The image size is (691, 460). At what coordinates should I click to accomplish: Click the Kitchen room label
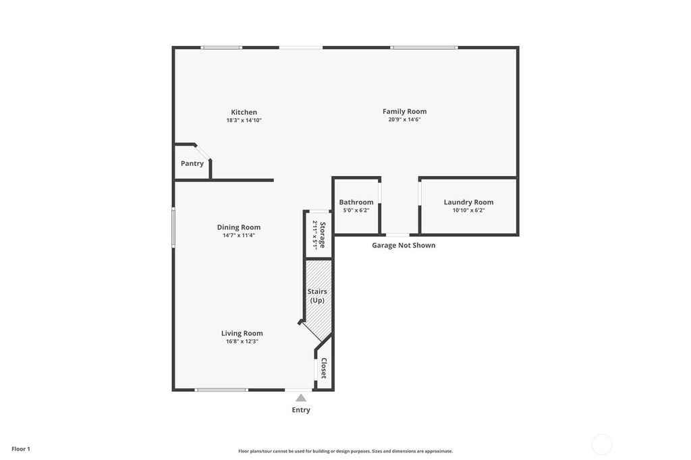coord(244,112)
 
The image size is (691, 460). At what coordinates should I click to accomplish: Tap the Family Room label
coord(404,111)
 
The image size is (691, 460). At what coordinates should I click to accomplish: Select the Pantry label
coord(192,163)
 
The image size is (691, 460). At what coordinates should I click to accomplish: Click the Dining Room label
coord(238,227)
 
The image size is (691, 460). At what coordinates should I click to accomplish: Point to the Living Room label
coord(242,333)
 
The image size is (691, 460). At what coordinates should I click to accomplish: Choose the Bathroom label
coord(356,202)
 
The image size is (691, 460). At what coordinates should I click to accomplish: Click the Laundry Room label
coord(468,202)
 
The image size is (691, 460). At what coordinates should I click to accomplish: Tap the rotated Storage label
coord(323,235)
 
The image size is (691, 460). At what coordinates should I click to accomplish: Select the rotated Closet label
coord(323,368)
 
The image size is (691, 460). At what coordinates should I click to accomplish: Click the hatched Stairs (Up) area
coord(318,295)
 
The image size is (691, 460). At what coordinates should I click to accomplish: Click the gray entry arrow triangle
coord(301,398)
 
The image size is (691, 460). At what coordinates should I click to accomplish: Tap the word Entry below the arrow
coord(301,410)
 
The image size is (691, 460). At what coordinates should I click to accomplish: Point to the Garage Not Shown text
coord(404,246)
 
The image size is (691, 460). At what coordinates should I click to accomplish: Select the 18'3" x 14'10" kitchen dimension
coord(244,120)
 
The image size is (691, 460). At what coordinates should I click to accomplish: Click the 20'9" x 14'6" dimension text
coord(404,119)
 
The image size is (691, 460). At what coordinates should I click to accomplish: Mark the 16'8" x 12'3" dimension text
coord(242,341)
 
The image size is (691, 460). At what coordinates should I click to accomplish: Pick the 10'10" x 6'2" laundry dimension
coord(468,210)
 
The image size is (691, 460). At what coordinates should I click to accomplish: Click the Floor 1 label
coord(21,449)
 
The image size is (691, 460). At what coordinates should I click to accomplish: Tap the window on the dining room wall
coord(173,228)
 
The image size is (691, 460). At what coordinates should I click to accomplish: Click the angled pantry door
coord(203,152)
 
